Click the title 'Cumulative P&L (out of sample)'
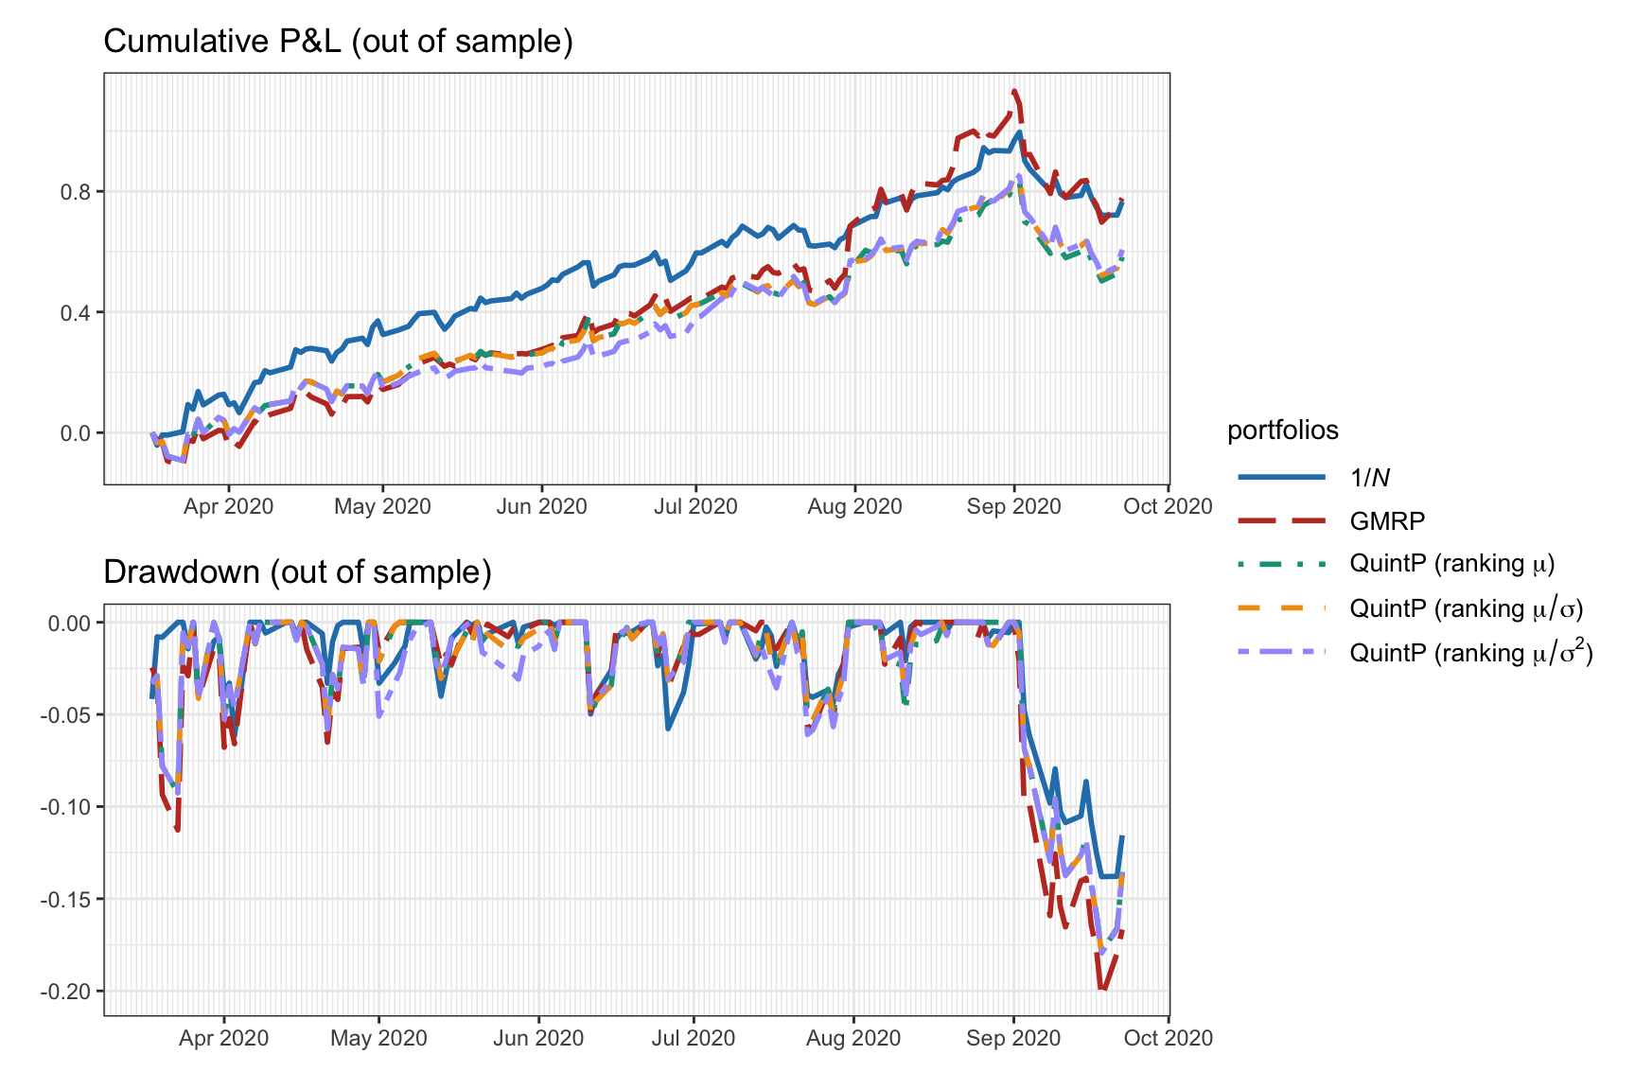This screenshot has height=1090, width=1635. coord(338,42)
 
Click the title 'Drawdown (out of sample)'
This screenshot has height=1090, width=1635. coord(297,572)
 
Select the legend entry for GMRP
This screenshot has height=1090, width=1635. coord(1387,520)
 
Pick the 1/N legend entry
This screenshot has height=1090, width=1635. coord(1369,478)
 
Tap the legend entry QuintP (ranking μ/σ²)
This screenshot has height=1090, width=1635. coord(1471,653)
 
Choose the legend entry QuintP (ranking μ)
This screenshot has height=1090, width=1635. coord(1452,564)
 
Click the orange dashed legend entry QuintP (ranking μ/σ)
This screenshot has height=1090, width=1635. coord(1467,608)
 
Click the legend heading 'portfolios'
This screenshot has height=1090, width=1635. coord(1282,431)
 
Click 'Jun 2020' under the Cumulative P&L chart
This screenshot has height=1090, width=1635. coord(541,506)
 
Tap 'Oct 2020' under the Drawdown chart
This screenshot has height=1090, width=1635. coord(1167,1038)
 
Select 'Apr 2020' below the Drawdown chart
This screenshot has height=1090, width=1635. coord(223,1038)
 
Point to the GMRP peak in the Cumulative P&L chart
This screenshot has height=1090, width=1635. coord(1014,92)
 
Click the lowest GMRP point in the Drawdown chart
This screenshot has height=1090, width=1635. coord(1102,989)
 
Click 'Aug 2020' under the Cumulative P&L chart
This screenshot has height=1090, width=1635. coord(854,506)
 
